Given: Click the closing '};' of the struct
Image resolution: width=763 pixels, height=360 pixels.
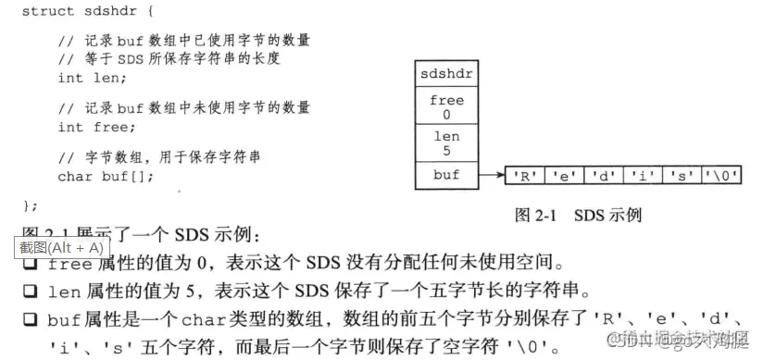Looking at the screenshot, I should (30, 205).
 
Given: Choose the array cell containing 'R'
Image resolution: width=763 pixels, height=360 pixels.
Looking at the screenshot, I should (525, 175).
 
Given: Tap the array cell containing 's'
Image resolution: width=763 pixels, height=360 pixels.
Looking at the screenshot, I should (681, 175).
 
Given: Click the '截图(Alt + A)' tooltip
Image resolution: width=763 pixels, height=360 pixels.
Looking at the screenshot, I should (59, 247).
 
